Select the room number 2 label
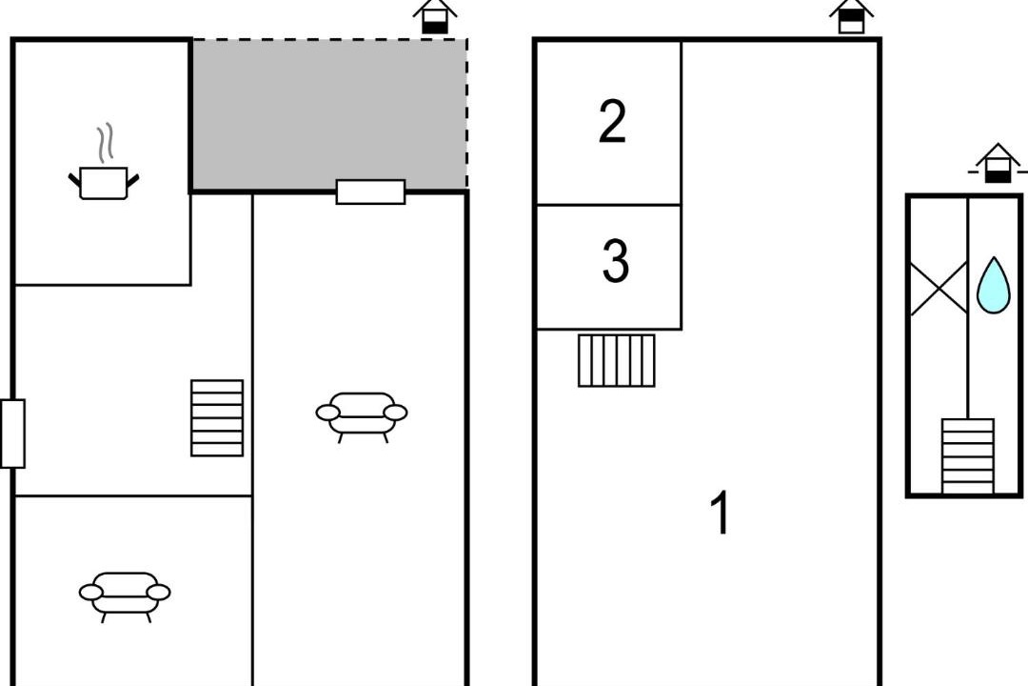pyautogui.click(x=612, y=122)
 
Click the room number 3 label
pyautogui.click(x=615, y=261)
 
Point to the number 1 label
pyautogui.click(x=721, y=512)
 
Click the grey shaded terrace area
pyautogui.click(x=329, y=115)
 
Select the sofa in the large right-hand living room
pyautogui.click(x=362, y=417)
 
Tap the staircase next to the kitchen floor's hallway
pyautogui.click(x=217, y=418)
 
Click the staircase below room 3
pyautogui.click(x=616, y=360)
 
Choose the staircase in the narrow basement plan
pyautogui.click(x=968, y=456)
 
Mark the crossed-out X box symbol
pyautogui.click(x=939, y=288)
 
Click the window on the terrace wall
pyautogui.click(x=370, y=192)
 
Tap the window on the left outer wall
pyautogui.click(x=12, y=434)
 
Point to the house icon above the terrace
pyautogui.click(x=435, y=16)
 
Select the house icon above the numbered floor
pyautogui.click(x=851, y=16)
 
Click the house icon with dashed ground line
pyautogui.click(x=998, y=163)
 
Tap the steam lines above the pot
pyautogui.click(x=106, y=143)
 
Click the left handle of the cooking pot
pyautogui.click(x=74, y=179)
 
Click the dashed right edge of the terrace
pyautogui.click(x=466, y=115)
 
